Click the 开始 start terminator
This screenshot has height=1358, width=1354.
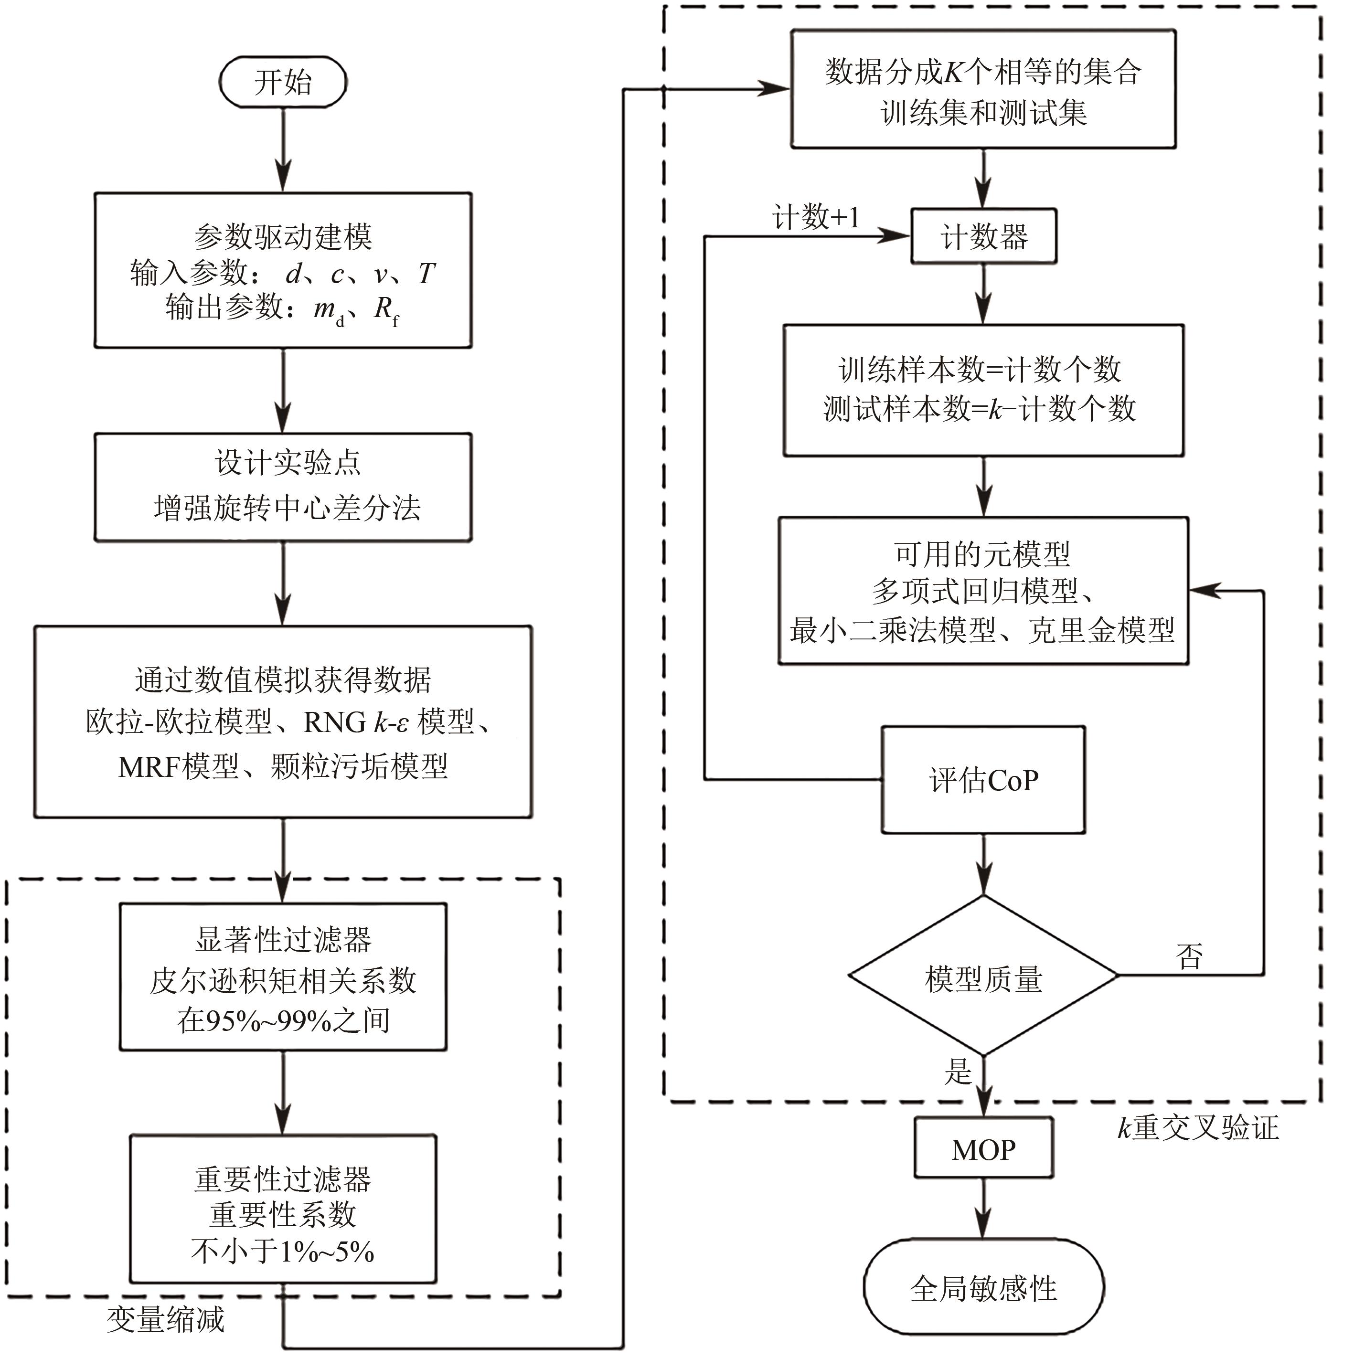click(283, 82)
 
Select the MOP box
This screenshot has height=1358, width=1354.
click(983, 1150)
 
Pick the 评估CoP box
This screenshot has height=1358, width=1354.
click(983, 780)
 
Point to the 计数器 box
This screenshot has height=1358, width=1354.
click(983, 237)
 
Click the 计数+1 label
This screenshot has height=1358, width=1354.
click(815, 218)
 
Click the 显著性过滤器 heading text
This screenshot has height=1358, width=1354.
click(283, 939)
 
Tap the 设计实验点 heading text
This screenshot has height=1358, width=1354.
click(287, 463)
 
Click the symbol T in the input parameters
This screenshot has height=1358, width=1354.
click(426, 274)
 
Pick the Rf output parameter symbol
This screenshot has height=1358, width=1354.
click(386, 310)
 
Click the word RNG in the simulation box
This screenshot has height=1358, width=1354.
click(335, 722)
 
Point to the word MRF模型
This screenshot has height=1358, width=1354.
click(179, 766)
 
